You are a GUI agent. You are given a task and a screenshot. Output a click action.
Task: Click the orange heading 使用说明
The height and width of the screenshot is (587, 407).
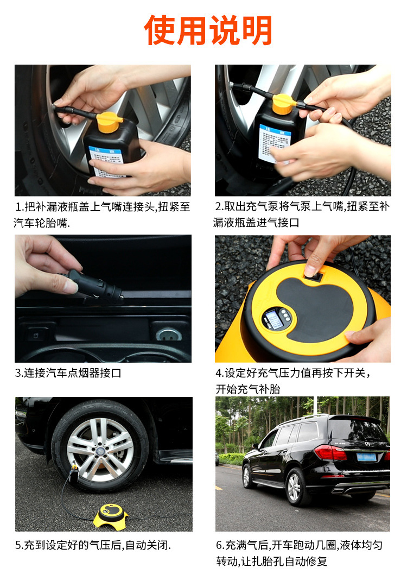tap(208, 30)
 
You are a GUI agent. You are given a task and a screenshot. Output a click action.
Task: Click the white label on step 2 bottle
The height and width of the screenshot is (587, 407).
tap(275, 142)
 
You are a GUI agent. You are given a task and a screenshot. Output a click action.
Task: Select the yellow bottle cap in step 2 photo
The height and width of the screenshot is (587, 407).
tap(284, 103)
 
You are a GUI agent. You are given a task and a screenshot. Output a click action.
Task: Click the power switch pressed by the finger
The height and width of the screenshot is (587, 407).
tap(313, 277)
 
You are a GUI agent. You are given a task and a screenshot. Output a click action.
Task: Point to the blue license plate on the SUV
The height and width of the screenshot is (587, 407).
tap(366, 457)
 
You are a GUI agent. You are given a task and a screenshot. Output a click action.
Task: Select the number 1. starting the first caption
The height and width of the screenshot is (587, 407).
tap(20, 207)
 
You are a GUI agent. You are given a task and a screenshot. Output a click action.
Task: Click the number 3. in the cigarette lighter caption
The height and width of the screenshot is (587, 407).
tap(19, 373)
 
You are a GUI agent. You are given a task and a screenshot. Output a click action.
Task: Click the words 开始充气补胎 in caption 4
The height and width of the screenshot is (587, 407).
tap(247, 389)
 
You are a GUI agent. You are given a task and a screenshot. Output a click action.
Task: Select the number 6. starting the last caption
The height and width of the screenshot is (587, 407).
tap(220, 545)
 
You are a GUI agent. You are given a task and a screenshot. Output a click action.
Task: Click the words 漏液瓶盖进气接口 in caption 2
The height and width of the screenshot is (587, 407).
tap(256, 223)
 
